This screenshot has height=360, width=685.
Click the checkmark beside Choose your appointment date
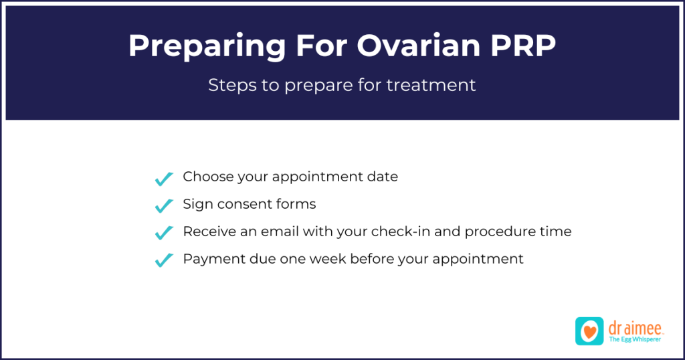coord(164,179)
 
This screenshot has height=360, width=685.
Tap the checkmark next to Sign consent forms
coord(164,205)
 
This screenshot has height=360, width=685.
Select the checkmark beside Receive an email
coord(164,233)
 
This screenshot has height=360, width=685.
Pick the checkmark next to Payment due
coord(164,260)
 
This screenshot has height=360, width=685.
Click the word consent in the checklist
coord(246,204)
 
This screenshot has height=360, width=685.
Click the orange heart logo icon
coord(589,331)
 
